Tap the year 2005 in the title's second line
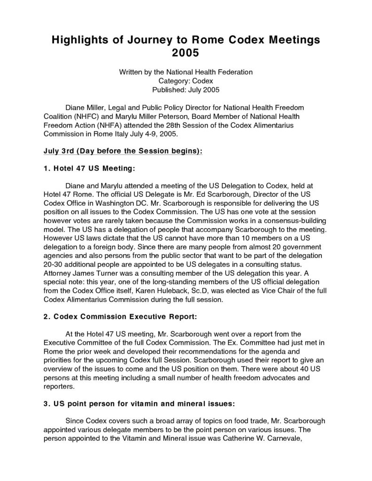186,53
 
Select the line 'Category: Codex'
186,80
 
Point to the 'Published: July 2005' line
186,89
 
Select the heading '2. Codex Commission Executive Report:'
117,317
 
